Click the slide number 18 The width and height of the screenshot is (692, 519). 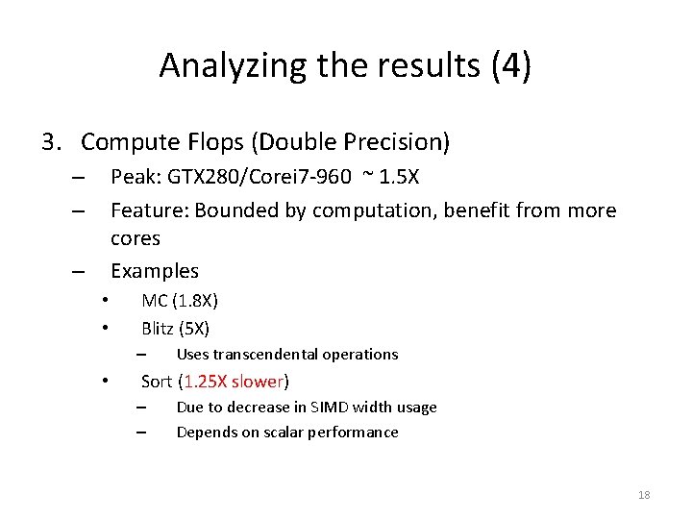coord(644,495)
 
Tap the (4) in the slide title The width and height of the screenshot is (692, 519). coord(510,65)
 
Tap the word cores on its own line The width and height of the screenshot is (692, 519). coord(136,237)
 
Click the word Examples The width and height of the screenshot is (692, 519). coord(155,271)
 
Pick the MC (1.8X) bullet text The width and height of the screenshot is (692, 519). coord(180,301)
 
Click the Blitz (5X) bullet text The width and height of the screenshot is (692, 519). coord(175,329)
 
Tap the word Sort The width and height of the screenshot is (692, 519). coord(157,381)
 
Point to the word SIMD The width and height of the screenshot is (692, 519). coord(346,407)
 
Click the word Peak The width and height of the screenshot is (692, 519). coord(133,178)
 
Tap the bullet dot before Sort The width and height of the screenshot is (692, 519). coord(107,380)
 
